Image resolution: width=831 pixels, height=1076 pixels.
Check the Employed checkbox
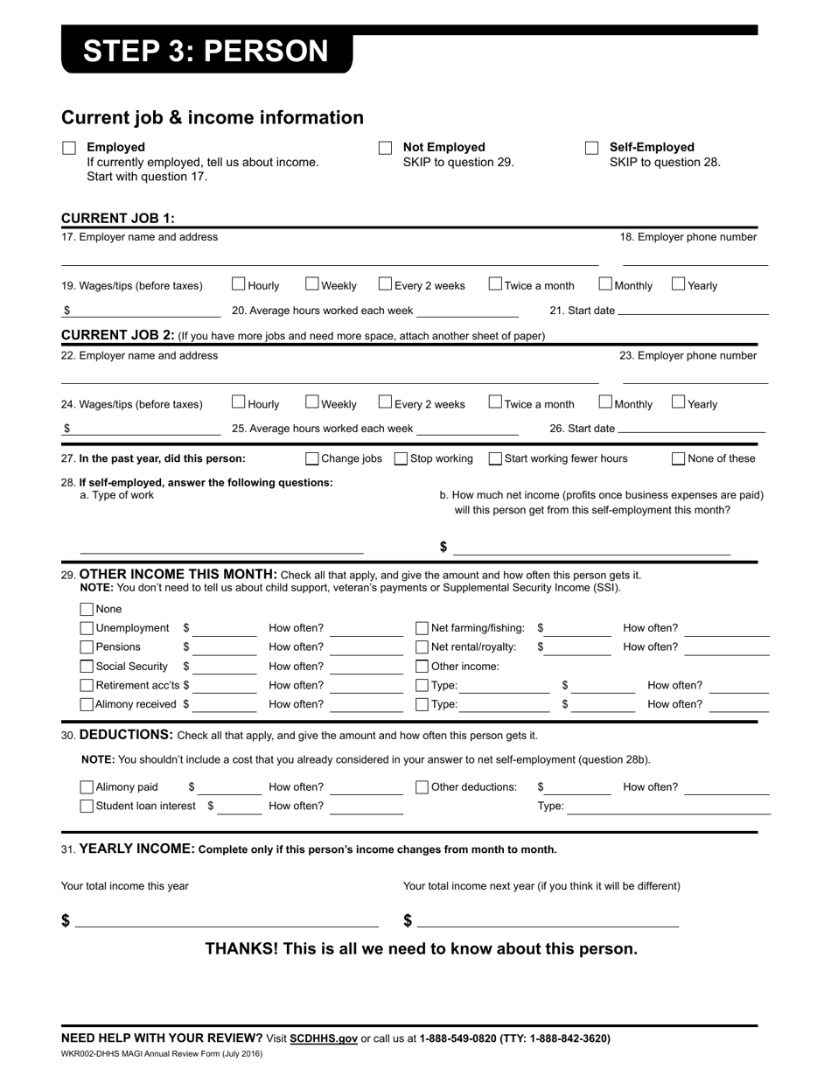pos(69,149)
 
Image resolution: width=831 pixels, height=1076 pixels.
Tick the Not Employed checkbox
pos(385,149)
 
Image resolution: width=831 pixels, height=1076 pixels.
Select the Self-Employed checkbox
pos(592,149)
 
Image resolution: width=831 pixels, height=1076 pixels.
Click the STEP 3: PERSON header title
pos(206,52)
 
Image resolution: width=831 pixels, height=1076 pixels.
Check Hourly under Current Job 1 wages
pos(239,283)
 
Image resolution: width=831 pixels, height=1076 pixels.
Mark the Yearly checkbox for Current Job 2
pos(679,402)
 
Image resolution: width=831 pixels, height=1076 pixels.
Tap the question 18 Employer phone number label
pos(688,237)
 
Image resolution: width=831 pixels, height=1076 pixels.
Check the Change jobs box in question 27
pos(312,458)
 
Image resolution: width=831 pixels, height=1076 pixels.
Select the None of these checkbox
pos(679,458)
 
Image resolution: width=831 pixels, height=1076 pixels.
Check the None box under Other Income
pos(87,610)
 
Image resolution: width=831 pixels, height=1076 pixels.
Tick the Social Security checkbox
pos(87,667)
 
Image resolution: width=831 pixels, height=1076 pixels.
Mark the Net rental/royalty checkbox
pos(422,647)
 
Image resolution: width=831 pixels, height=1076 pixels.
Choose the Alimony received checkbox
pos(87,704)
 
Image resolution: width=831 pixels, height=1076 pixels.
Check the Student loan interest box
pos(87,807)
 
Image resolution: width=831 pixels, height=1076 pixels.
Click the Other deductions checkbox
pos(422,787)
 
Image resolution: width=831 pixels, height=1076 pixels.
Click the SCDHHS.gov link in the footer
pos(324,1039)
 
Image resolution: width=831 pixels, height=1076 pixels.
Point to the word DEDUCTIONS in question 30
pos(126,735)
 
